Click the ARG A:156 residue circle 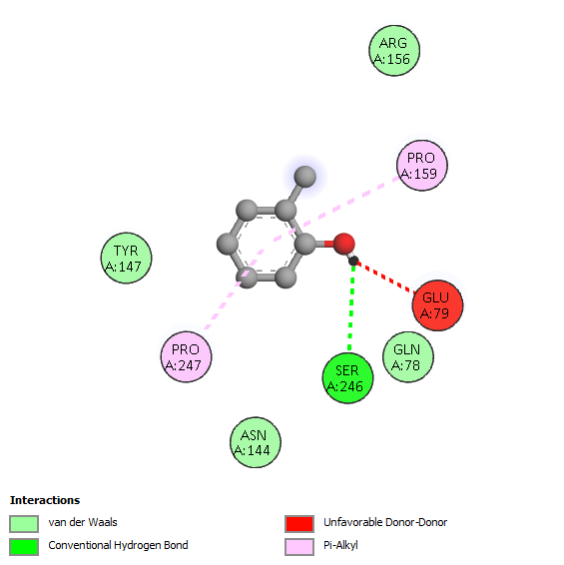pyautogui.click(x=394, y=51)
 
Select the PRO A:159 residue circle pyautogui.click(x=422, y=166)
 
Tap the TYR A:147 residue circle pyautogui.click(x=126, y=258)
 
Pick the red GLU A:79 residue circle pyautogui.click(x=437, y=305)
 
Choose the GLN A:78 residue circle pyautogui.click(x=408, y=357)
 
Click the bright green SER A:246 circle pyautogui.click(x=347, y=378)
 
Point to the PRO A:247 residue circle pyautogui.click(x=186, y=356)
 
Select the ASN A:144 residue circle pyautogui.click(x=256, y=442)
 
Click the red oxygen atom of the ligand pyautogui.click(x=343, y=244)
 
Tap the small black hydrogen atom pyautogui.click(x=353, y=261)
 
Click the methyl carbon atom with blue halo pyautogui.click(x=305, y=177)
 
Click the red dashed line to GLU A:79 pyautogui.click(x=385, y=278)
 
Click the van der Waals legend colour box pyautogui.click(x=24, y=523)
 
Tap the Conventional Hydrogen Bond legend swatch pyautogui.click(x=24, y=547)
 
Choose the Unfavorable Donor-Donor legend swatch pyautogui.click(x=299, y=523)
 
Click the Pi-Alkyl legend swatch pyautogui.click(x=299, y=547)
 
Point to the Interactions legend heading pyautogui.click(x=45, y=500)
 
